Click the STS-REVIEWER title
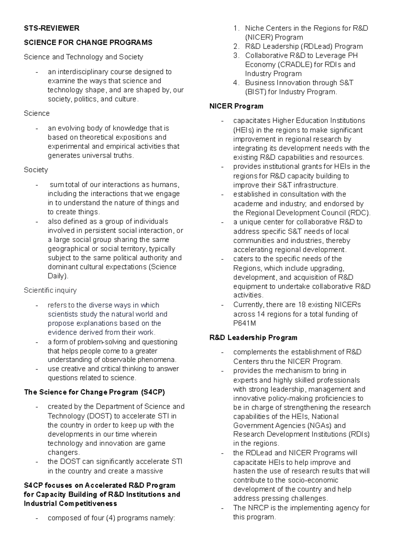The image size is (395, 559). point(52,28)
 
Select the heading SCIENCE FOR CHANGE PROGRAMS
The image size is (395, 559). point(88,42)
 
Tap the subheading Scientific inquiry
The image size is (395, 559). point(50,290)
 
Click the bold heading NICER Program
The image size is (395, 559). point(236,106)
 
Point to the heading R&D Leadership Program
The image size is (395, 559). point(253,338)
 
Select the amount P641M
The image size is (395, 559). point(244,323)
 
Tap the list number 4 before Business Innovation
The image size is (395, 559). point(235,83)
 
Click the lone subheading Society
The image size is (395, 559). point(36,170)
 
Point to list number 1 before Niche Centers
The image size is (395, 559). point(235,28)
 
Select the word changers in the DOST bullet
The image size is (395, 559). point(63,453)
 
